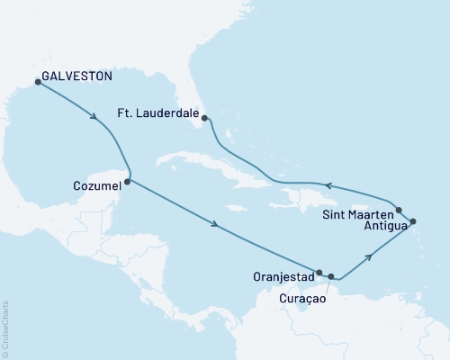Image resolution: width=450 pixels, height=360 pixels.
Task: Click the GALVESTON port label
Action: pos(76,76)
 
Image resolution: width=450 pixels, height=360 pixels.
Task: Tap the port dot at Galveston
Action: pos(38,82)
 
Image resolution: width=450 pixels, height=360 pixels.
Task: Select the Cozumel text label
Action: pos(94,186)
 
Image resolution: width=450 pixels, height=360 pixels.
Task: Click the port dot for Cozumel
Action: pos(127,182)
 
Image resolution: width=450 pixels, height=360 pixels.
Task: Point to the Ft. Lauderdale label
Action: pos(157,114)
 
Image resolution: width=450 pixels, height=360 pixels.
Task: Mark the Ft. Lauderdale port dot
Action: pos(204,118)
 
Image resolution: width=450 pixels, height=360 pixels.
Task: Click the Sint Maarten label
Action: pos(355,214)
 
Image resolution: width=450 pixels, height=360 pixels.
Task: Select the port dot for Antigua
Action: pos(413,221)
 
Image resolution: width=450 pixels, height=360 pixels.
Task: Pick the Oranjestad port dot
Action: pos(319,271)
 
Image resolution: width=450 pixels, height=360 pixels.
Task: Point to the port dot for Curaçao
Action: pos(331,276)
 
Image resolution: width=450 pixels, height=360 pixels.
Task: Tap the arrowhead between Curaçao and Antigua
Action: pos(369,258)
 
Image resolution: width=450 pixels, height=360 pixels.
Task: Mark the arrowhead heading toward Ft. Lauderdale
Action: pos(328,186)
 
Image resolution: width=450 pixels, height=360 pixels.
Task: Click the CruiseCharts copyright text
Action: pos(5,329)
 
